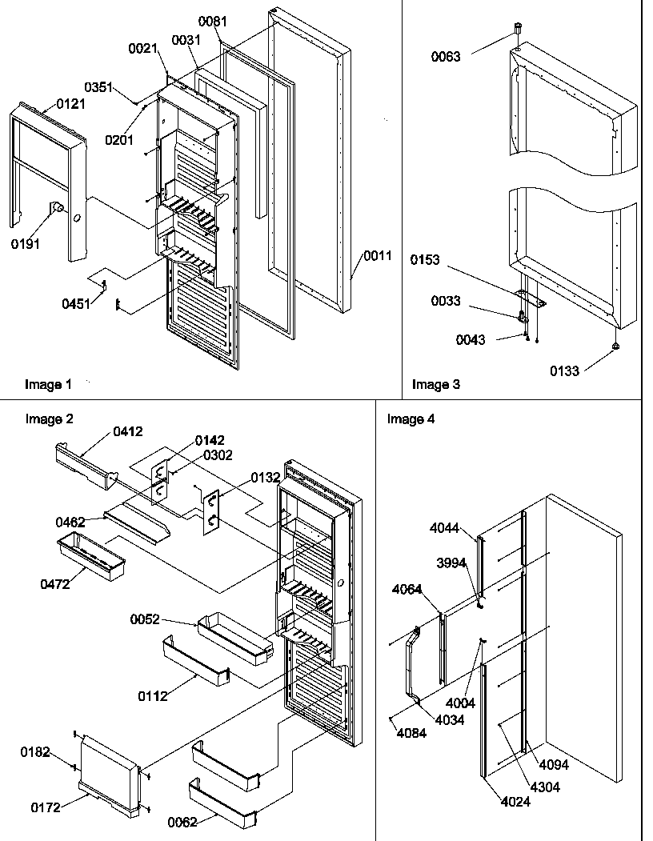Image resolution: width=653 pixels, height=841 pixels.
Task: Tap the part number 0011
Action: (x=378, y=256)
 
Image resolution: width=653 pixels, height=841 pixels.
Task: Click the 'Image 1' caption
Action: (x=48, y=385)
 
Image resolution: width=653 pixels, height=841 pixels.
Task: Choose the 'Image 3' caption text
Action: (x=435, y=385)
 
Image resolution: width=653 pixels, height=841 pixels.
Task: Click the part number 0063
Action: (x=446, y=57)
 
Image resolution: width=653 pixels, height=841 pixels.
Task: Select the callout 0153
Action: (x=427, y=260)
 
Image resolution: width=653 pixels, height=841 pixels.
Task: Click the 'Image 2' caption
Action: (x=49, y=418)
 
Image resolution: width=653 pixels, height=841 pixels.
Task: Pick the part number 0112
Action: (x=153, y=696)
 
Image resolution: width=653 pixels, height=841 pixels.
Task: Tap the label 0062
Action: (x=183, y=822)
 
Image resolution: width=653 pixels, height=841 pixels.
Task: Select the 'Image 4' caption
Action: (x=411, y=418)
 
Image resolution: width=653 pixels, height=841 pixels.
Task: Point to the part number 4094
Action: (x=553, y=765)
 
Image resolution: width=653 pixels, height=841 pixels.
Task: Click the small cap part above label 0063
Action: (x=518, y=31)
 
